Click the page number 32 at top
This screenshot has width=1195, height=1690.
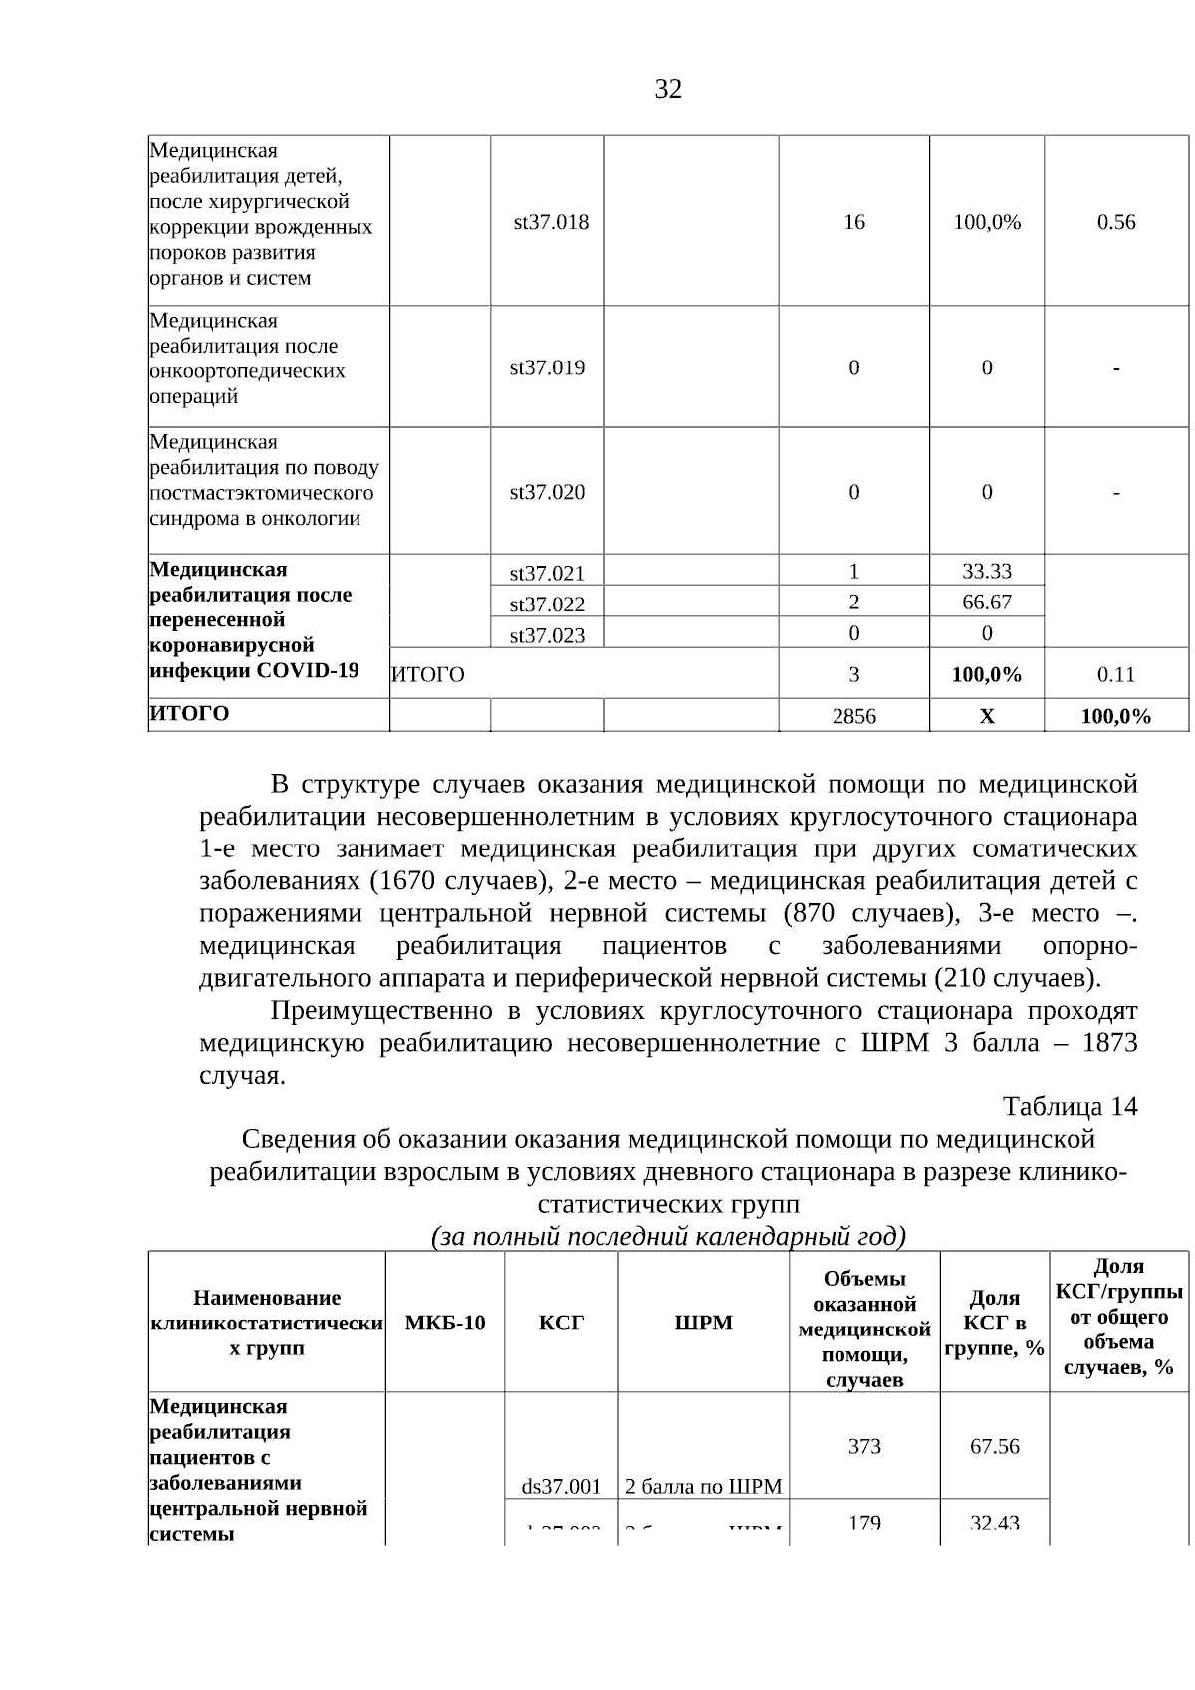(x=668, y=90)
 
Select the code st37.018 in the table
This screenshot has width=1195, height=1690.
(x=551, y=222)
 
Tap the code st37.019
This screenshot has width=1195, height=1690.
(x=547, y=367)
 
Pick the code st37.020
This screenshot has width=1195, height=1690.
(x=547, y=492)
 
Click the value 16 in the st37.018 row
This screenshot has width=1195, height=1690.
(x=853, y=222)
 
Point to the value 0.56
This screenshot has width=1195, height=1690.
(x=1116, y=222)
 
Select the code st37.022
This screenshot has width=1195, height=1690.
(x=547, y=604)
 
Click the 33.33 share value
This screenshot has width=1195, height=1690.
(x=986, y=571)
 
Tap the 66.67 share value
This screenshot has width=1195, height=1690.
(x=986, y=602)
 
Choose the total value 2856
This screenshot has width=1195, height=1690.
(x=853, y=716)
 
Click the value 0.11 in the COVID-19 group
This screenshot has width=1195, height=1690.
(x=1116, y=674)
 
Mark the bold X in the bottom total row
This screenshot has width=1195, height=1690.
(x=986, y=716)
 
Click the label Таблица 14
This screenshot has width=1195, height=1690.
(x=1070, y=1107)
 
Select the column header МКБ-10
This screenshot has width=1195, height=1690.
(x=445, y=1323)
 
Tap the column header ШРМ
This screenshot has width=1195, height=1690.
(x=703, y=1323)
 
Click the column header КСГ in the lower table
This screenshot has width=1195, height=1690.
(x=561, y=1323)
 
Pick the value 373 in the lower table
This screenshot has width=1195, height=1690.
(x=864, y=1446)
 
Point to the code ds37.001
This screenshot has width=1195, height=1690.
(x=561, y=1487)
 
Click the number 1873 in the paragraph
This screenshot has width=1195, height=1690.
(x=1109, y=1043)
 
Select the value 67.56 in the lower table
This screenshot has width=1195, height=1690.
(x=994, y=1446)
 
